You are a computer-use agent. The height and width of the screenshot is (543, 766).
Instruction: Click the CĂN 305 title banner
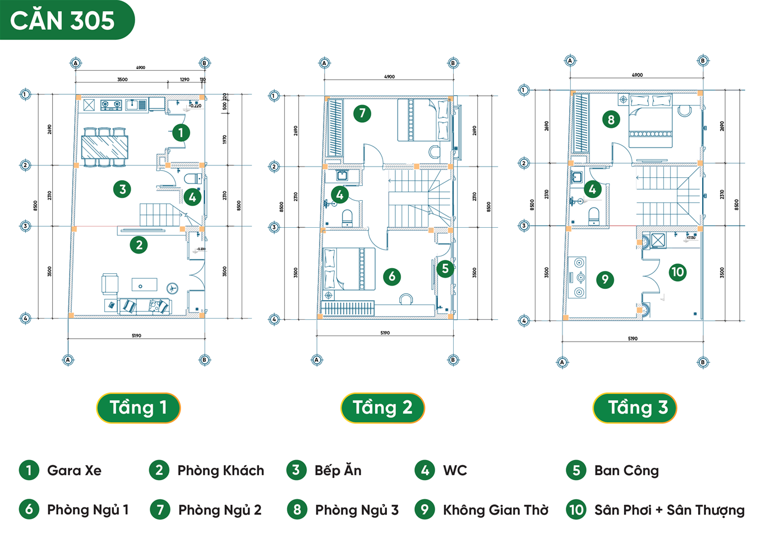[x=63, y=21]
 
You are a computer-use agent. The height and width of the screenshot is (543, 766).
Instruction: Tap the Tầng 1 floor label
[x=139, y=408]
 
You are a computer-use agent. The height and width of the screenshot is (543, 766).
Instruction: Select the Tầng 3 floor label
[x=635, y=408]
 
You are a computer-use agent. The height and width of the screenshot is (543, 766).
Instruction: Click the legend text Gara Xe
[x=74, y=471]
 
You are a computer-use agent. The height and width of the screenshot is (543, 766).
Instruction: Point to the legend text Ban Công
[x=626, y=471]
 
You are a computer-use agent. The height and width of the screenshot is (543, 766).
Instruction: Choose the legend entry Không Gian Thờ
[x=496, y=510]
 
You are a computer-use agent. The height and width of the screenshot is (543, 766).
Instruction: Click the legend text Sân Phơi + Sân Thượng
[x=670, y=510]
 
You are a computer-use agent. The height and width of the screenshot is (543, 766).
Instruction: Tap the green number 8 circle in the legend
[x=297, y=509]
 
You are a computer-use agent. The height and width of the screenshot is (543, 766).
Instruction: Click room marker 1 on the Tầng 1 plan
[x=181, y=133]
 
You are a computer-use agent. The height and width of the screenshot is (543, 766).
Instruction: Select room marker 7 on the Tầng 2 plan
[x=362, y=113]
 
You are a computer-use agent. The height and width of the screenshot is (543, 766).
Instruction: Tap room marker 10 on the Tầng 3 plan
[x=677, y=273]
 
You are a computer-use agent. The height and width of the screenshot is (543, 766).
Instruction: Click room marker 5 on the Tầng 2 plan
[x=445, y=269]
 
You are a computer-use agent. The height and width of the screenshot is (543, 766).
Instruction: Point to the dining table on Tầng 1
[x=105, y=148]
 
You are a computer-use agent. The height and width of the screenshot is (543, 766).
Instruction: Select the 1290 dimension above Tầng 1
[x=184, y=80]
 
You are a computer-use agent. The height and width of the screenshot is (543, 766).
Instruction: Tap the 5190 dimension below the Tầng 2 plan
[x=385, y=333]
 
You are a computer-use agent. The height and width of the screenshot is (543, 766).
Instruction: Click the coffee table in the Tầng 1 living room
[x=144, y=285]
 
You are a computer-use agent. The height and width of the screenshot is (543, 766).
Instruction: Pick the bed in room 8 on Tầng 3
[x=650, y=122]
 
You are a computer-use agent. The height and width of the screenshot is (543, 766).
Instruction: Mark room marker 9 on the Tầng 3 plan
[x=605, y=279]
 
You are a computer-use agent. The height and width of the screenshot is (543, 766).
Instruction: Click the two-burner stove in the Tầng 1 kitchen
[x=111, y=104]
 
